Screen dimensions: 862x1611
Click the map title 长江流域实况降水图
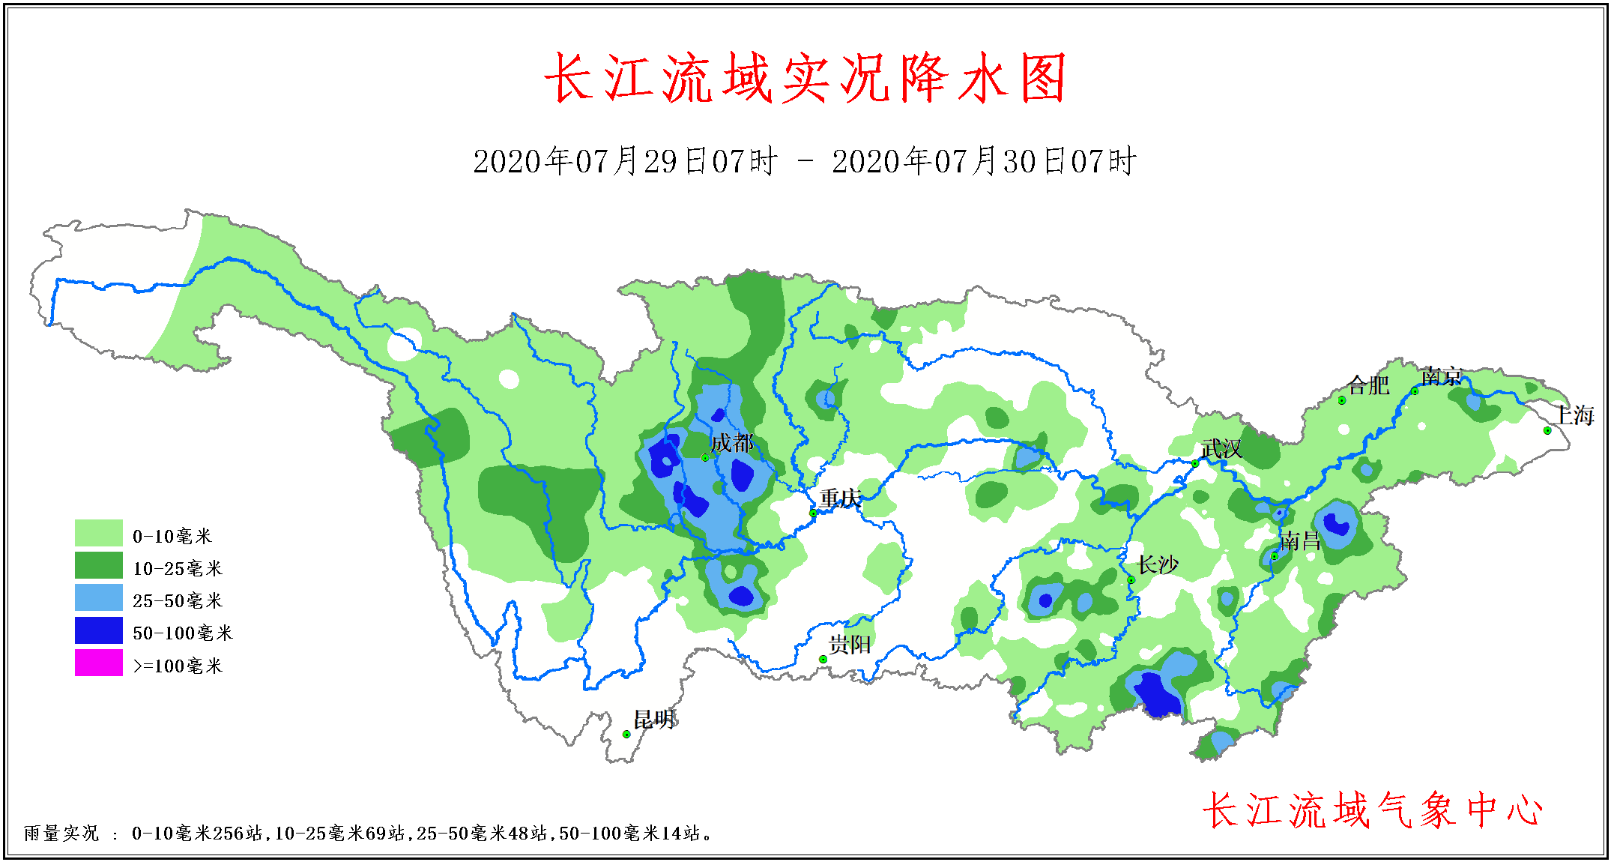(x=805, y=79)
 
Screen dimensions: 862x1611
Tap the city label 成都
(x=731, y=443)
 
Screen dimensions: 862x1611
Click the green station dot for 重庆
(x=813, y=513)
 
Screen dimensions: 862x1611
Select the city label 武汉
(x=1221, y=449)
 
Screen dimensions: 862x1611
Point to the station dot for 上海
(x=1547, y=430)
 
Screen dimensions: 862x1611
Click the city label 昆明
(x=654, y=720)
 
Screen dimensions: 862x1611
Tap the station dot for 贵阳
(x=823, y=660)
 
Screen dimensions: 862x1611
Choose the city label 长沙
(x=1158, y=564)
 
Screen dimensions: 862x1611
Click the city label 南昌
(x=1300, y=540)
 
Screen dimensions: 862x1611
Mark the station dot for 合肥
(x=1342, y=400)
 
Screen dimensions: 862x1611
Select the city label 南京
(x=1441, y=376)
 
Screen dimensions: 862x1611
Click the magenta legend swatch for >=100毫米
(x=98, y=663)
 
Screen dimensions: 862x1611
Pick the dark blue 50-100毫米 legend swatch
(x=98, y=630)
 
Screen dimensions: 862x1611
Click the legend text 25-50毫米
(x=178, y=601)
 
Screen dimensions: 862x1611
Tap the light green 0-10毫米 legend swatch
(x=98, y=533)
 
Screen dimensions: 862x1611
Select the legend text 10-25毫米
(x=178, y=569)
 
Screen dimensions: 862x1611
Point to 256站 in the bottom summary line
(x=238, y=834)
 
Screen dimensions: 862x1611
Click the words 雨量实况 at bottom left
(x=61, y=834)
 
